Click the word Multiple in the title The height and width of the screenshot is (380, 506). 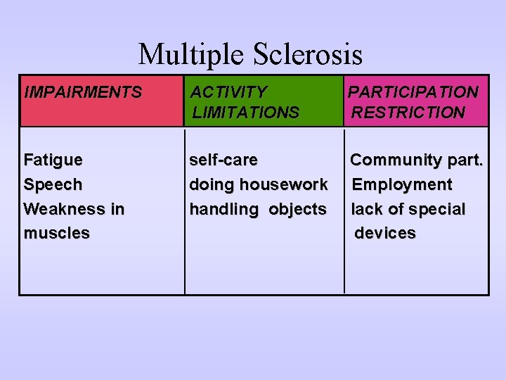(184, 55)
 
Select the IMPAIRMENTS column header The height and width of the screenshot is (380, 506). (82, 92)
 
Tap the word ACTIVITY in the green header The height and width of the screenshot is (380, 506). (228, 92)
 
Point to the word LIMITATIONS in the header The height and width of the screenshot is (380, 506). (246, 112)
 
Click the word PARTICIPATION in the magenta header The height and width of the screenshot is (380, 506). (413, 92)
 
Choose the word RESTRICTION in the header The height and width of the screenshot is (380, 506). (408, 112)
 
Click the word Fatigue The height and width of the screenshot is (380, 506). (53, 160)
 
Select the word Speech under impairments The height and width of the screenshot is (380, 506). (53, 184)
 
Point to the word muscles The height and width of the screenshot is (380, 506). (56, 233)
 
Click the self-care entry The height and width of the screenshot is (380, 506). (223, 160)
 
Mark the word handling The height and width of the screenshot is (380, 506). (224, 209)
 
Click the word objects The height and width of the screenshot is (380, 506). (298, 209)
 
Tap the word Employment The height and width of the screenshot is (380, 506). (402, 184)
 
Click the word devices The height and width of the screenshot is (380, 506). (385, 233)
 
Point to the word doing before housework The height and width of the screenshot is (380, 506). (212, 184)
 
